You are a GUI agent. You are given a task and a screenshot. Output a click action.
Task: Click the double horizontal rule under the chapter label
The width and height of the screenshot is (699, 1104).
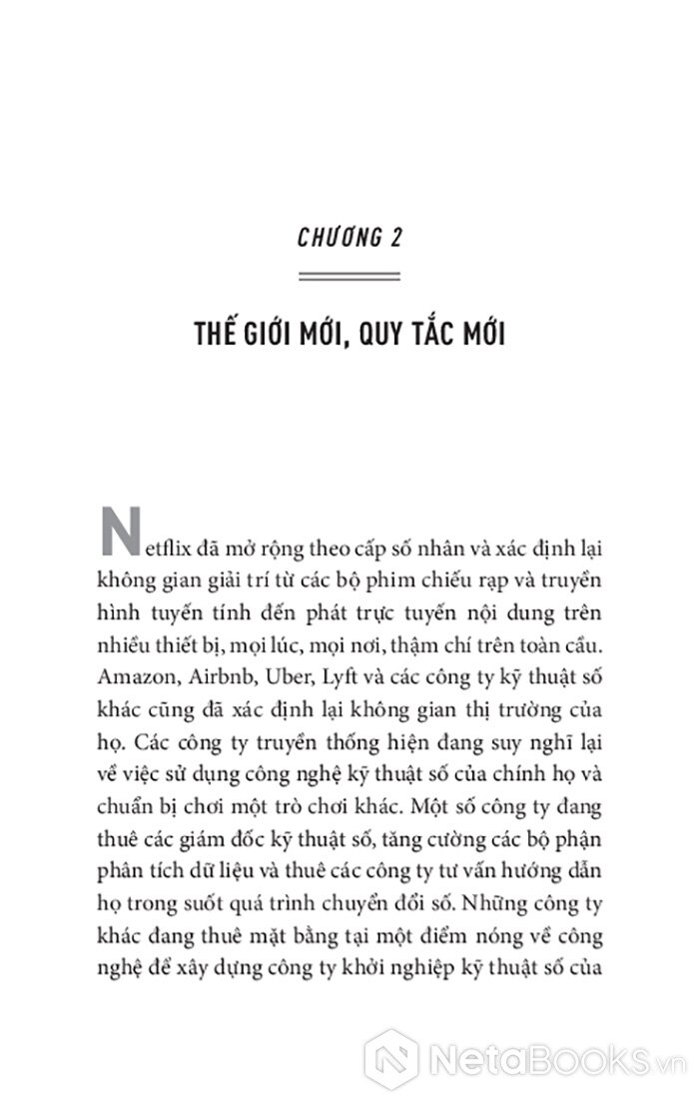349,278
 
